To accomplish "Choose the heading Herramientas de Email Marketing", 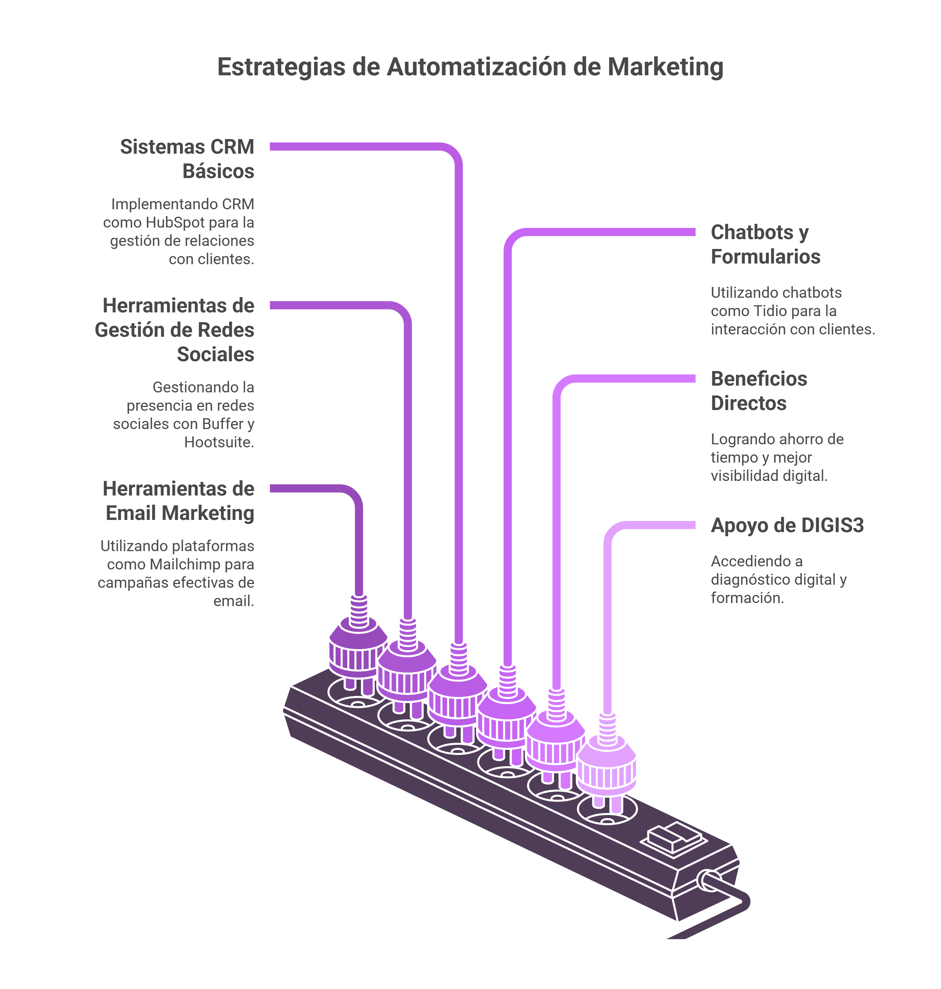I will (x=179, y=501).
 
